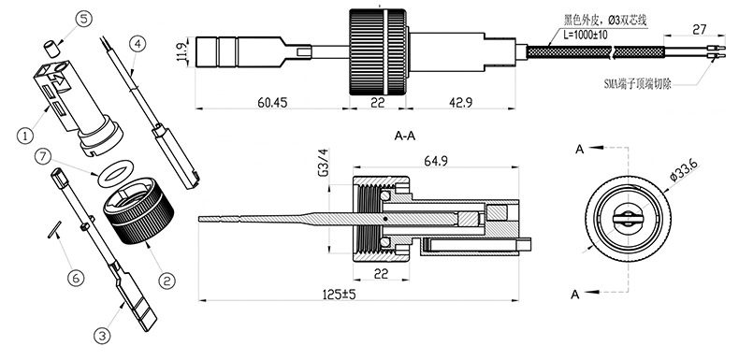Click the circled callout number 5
pos(83,20)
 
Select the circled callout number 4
pos(138,44)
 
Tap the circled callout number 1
pos(25,136)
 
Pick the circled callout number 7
pos(43,157)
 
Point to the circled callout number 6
pos(76,278)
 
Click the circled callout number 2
pos(166,281)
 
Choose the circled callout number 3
pos(103,336)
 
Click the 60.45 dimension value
pos(272,102)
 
